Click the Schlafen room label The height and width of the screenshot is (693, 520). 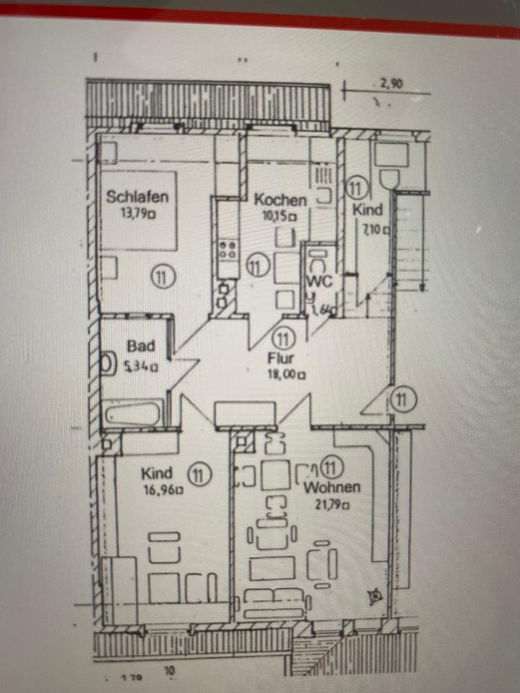[x=138, y=196]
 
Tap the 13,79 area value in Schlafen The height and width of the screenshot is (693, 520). [x=139, y=213]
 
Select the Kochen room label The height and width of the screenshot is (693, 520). [x=280, y=200]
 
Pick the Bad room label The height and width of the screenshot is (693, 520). [x=142, y=346]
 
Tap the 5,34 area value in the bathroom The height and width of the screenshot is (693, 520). [x=141, y=365]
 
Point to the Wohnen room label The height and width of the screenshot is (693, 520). [x=332, y=487]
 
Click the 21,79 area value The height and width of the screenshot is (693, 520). [x=331, y=505]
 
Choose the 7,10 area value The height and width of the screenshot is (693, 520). [x=376, y=230]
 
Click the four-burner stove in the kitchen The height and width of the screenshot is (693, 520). [x=228, y=250]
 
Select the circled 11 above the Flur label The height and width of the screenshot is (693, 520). [x=283, y=337]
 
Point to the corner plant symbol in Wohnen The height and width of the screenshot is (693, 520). [x=375, y=596]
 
